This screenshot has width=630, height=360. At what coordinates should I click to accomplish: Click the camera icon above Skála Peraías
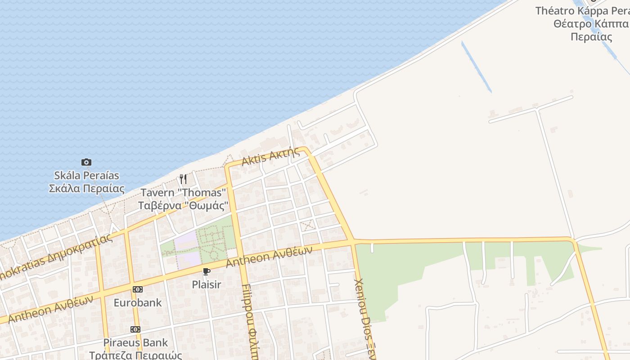[x=86, y=162]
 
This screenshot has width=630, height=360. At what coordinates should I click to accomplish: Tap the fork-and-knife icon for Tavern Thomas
[x=183, y=179]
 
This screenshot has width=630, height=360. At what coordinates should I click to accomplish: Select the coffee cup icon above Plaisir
[x=206, y=271]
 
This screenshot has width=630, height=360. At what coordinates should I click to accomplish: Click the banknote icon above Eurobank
[x=137, y=289]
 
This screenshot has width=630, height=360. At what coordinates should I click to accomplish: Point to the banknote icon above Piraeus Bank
[x=135, y=329]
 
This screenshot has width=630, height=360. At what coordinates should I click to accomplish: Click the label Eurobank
[x=137, y=302]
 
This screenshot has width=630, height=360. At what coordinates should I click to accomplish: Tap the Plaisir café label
[x=206, y=284]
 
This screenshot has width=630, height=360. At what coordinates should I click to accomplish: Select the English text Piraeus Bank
[x=135, y=343]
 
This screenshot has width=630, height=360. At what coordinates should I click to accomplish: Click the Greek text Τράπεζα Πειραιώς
[x=135, y=355]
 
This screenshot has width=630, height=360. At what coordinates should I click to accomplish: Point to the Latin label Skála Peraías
[x=86, y=175]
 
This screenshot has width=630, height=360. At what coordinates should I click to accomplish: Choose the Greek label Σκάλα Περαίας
[x=86, y=188]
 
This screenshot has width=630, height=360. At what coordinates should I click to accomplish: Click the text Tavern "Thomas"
[x=183, y=193]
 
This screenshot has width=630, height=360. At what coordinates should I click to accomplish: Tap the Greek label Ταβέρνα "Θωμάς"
[x=183, y=206]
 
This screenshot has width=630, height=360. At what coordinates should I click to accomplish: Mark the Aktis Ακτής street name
[x=270, y=156]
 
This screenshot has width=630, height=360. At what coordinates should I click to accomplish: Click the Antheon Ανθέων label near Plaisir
[x=269, y=256]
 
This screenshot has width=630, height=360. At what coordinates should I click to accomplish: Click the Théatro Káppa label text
[x=583, y=11]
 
